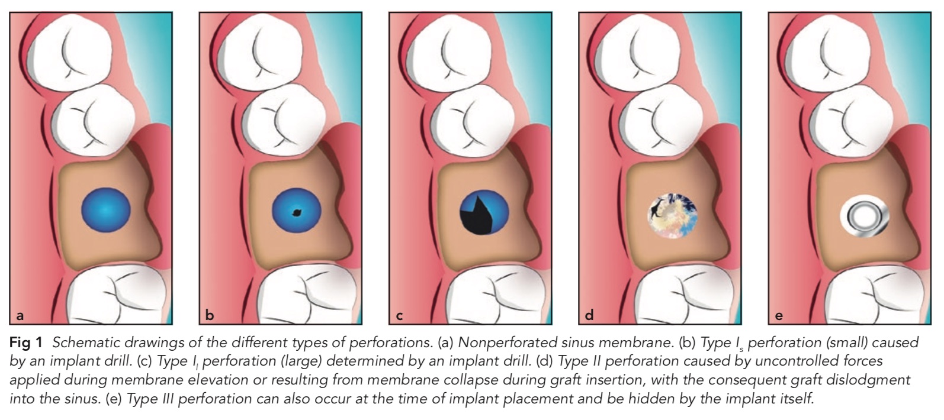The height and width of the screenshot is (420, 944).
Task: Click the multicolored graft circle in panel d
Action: pos(673,216)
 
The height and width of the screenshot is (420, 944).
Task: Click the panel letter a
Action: pos(20,315)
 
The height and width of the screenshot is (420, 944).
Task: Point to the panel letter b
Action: pos(210,315)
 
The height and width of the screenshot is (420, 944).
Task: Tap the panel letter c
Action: pos(399,316)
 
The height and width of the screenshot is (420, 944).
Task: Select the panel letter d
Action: pos(589,315)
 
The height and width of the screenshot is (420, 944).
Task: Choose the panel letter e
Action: pos(778,316)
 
